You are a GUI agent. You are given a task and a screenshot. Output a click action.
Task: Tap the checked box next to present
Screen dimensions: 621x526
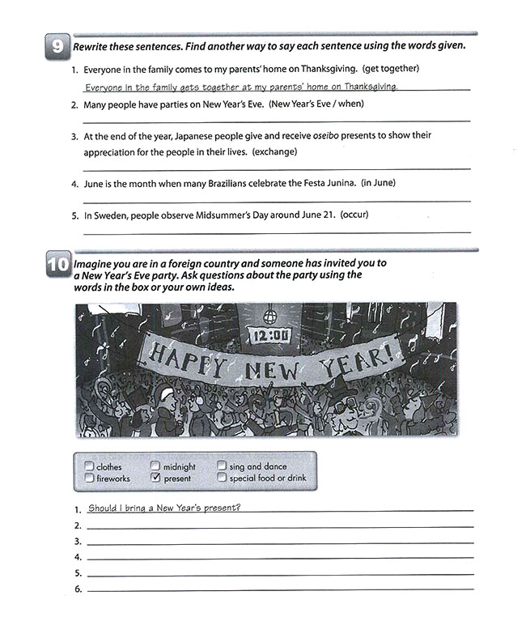pyautogui.click(x=155, y=479)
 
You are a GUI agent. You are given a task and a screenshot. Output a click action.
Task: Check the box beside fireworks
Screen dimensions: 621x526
pyautogui.click(x=88, y=479)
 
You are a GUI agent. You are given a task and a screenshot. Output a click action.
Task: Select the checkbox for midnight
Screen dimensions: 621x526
pyautogui.click(x=155, y=466)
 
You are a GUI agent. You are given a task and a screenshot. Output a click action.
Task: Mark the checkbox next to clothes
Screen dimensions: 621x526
pyautogui.click(x=88, y=466)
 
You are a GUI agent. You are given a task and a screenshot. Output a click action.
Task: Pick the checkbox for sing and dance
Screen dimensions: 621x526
pyautogui.click(x=222, y=466)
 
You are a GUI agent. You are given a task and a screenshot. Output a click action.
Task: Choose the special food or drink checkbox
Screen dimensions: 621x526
pyautogui.click(x=222, y=479)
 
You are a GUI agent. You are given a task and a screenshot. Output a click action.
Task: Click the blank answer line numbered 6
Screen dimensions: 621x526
pyautogui.click(x=279, y=590)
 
